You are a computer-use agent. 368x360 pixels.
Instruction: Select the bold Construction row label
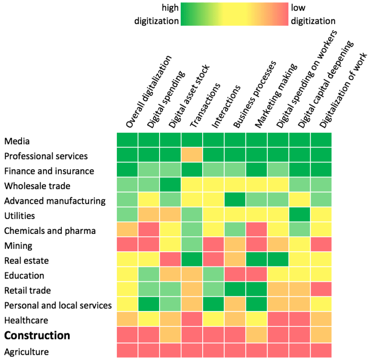pos(37,335)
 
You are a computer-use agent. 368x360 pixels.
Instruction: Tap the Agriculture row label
pos(27,352)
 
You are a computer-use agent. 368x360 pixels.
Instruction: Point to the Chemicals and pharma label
pos(50,231)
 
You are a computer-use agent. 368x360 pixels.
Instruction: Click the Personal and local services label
pos(57,305)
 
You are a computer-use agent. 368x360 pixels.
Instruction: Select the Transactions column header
pos(205,105)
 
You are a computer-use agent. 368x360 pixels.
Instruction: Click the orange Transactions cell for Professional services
pos(192,156)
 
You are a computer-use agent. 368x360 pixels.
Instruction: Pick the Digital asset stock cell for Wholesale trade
pos(171,186)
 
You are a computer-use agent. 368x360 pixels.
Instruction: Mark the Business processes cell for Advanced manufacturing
pos(235,200)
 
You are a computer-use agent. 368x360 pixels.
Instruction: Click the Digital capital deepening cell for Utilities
pos(299,215)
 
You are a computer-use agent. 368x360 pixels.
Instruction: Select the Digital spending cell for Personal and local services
pos(149,305)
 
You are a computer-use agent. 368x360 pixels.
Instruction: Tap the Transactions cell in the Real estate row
pos(192,260)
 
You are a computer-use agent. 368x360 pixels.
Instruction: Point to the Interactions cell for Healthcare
pos(214,320)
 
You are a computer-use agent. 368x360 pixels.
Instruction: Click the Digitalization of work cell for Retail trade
pos(321,290)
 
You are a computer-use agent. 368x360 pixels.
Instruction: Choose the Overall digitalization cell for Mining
pos(128,245)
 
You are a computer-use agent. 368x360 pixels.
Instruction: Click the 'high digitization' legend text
pos(163,14)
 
